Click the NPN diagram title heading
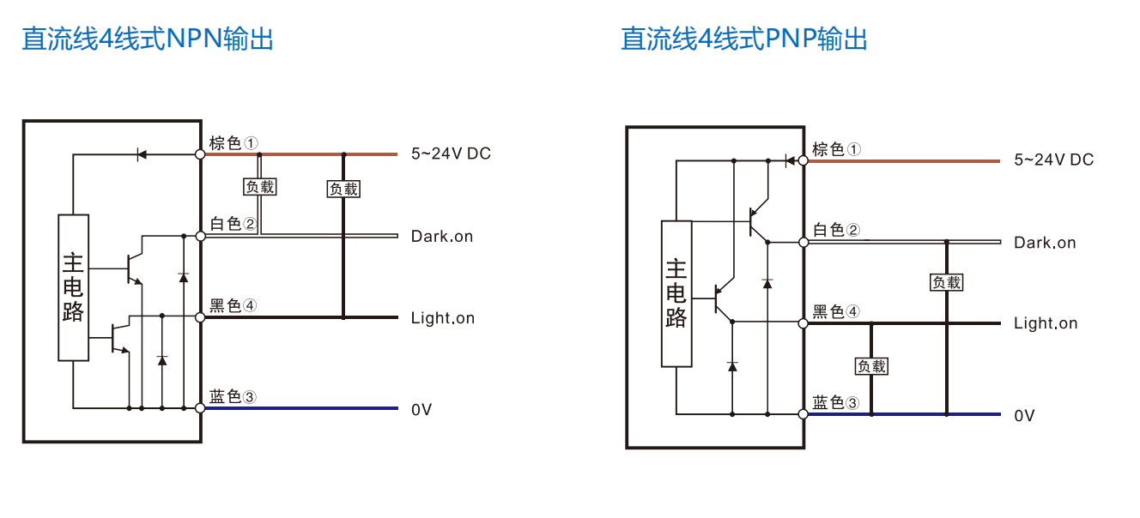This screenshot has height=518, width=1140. point(148,39)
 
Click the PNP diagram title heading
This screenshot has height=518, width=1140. point(744,39)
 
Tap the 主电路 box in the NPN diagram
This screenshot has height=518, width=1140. point(74,287)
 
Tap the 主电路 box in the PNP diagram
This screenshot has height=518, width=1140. point(676,293)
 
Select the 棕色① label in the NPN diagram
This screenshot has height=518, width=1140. point(233,142)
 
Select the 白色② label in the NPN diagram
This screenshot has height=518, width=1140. point(233,224)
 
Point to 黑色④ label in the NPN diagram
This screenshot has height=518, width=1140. point(233,305)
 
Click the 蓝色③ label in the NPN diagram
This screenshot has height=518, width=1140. point(233,396)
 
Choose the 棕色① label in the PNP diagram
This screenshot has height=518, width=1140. point(836,149)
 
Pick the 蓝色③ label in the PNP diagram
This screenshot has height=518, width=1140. point(836,402)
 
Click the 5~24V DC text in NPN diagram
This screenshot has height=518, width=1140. point(451,154)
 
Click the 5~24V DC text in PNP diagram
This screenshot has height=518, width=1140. point(1053,160)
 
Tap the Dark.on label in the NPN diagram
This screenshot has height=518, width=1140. point(442,236)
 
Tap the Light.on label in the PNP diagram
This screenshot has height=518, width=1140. point(1046,323)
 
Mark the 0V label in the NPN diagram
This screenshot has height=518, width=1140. point(421,410)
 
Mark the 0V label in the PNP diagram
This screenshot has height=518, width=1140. point(1024,416)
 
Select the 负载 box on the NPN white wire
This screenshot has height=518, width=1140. point(260,186)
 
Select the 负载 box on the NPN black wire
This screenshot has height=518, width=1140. point(344,189)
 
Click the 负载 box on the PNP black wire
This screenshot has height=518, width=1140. point(871,366)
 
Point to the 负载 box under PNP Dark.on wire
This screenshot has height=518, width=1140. point(947,282)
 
